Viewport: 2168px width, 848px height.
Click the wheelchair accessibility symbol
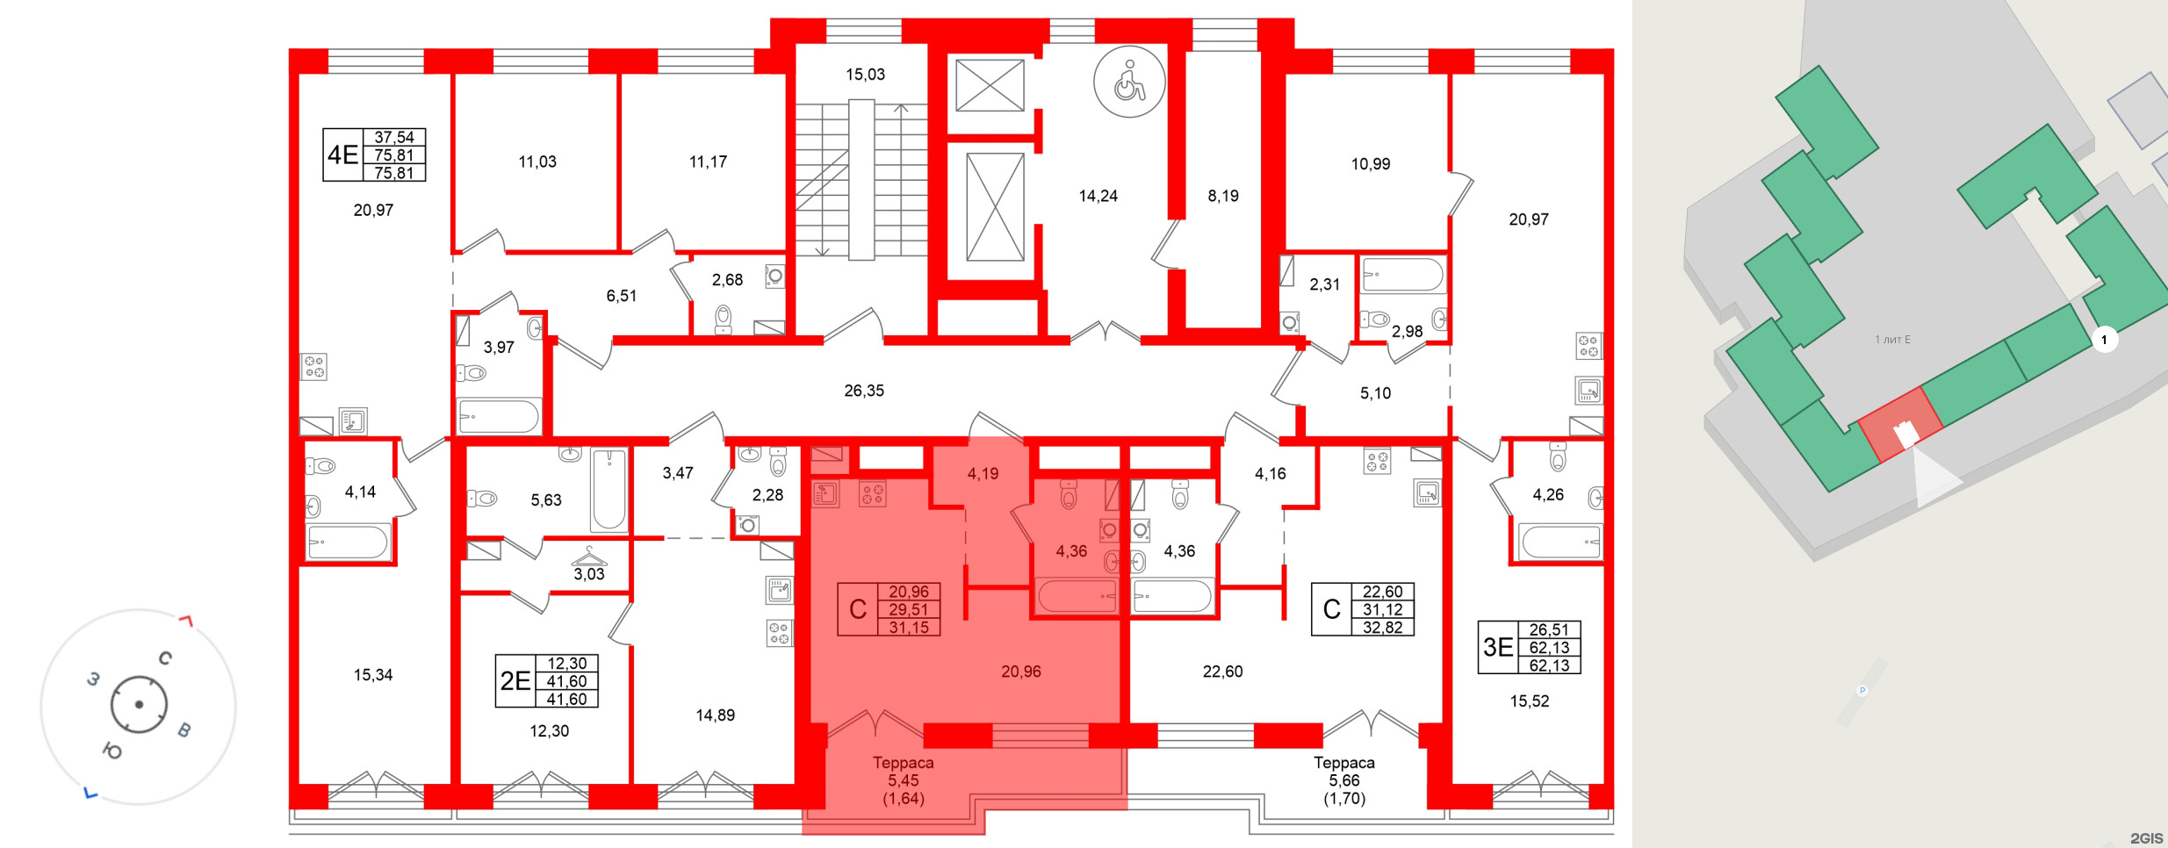point(1129,82)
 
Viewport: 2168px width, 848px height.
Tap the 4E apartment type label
point(342,155)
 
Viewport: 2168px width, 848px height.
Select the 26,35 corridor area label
point(864,391)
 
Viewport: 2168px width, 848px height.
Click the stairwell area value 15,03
point(865,75)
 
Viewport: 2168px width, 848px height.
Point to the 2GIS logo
point(2146,838)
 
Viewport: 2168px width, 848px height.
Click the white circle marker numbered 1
point(2104,340)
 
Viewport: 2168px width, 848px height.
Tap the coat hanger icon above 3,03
point(589,556)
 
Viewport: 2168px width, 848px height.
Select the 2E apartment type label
point(515,681)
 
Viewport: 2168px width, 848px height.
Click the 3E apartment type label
point(1498,648)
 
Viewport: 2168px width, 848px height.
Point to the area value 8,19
point(1222,196)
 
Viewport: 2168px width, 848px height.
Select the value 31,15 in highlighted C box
point(908,628)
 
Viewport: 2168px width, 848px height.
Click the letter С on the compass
point(165,658)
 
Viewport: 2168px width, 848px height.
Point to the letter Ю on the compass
point(112,751)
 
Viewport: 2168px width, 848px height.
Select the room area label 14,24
point(1098,196)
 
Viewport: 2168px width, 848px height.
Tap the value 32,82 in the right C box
point(1382,628)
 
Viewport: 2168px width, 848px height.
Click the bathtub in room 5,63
point(609,490)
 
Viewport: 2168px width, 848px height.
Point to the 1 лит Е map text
point(1892,340)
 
